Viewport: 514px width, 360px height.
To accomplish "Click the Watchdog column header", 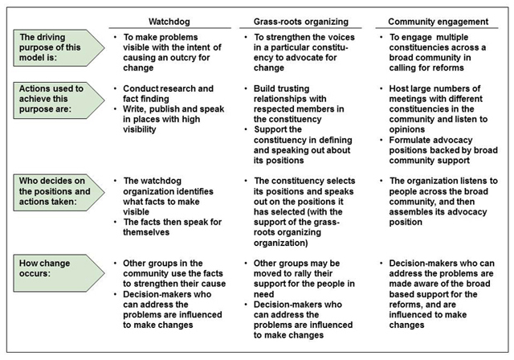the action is click(x=169, y=22).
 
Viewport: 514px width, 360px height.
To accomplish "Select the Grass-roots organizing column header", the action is click(x=301, y=22).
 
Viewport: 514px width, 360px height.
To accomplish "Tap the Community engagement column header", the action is click(x=439, y=22).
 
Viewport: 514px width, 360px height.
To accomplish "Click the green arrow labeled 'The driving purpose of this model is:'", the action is click(x=59, y=48).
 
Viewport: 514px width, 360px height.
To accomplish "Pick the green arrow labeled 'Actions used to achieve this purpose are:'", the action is click(x=59, y=100).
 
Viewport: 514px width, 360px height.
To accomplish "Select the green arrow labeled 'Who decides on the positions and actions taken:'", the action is click(x=59, y=192).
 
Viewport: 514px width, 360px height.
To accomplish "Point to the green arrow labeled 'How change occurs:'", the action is click(x=59, y=273).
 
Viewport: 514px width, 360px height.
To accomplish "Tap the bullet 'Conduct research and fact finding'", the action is click(x=168, y=93).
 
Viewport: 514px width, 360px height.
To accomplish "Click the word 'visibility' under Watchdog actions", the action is click(x=139, y=129).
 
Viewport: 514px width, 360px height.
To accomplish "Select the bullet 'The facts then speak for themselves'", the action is click(x=173, y=227).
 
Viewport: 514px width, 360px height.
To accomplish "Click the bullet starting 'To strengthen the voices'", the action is click(x=304, y=52).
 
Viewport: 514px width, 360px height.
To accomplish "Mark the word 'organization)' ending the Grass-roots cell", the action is click(x=280, y=243).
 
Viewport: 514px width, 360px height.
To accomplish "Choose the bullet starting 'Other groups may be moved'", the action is click(x=304, y=278).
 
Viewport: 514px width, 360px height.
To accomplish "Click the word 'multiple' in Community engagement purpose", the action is click(x=452, y=37).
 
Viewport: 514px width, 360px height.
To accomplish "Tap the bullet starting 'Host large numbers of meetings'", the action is click(x=439, y=108).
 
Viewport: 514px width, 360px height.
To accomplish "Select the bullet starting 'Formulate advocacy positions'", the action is click(x=443, y=150).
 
